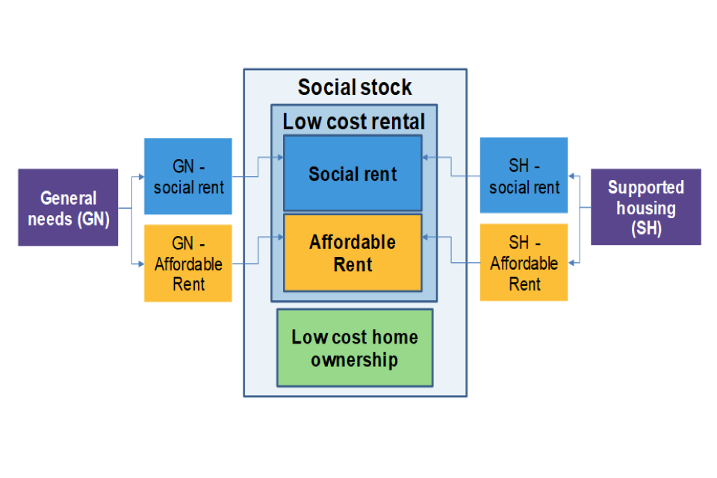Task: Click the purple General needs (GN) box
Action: point(68,207)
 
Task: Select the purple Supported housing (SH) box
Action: point(645,207)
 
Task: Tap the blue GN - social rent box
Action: point(187,176)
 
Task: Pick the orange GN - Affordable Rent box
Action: point(187,263)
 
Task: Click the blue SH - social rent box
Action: point(524,176)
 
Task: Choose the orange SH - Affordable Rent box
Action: point(524,263)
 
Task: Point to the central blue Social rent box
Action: point(353,173)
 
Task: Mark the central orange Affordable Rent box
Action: point(353,252)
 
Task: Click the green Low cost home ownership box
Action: point(355,348)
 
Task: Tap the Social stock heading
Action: point(355,87)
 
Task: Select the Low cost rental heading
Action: point(353,122)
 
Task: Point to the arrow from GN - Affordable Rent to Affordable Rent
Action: point(258,251)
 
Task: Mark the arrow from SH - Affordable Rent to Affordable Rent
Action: point(451,251)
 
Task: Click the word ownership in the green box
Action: point(355,360)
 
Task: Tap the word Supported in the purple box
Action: point(645,187)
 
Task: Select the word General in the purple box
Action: point(68,198)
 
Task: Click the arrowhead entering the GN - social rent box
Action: point(140,178)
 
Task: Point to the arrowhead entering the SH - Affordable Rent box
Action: point(572,263)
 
